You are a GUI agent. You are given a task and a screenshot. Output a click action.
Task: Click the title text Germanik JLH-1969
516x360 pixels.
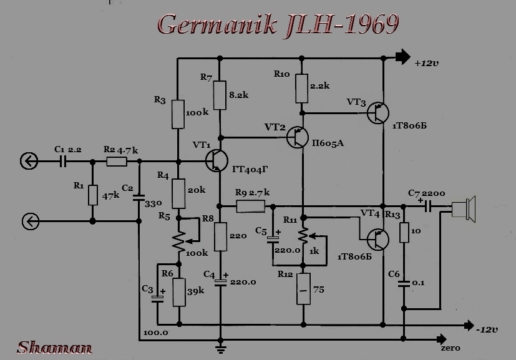point(278,24)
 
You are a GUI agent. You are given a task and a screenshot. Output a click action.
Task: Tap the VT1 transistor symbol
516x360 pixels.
point(218,160)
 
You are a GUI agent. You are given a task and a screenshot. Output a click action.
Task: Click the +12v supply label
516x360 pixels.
point(427,63)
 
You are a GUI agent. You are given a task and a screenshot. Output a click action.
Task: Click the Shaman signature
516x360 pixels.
point(55,348)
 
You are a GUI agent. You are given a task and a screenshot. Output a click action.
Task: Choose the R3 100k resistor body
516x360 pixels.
point(178,114)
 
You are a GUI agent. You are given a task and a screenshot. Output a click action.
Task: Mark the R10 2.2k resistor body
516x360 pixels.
point(302,89)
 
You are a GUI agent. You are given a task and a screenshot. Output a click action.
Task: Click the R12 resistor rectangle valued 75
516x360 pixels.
point(303,289)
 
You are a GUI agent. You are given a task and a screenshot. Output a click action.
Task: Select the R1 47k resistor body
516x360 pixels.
point(93,195)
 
